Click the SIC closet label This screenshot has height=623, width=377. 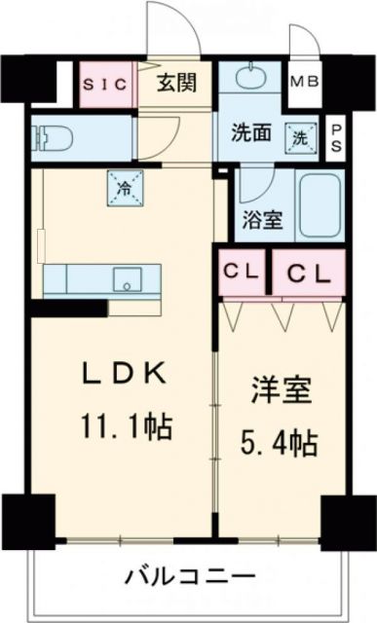click(x=104, y=84)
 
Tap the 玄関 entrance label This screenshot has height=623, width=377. click(x=177, y=82)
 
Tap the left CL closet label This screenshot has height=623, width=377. click(x=241, y=272)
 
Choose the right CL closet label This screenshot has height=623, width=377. click(x=309, y=272)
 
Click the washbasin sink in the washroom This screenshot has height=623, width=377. click(x=250, y=76)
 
